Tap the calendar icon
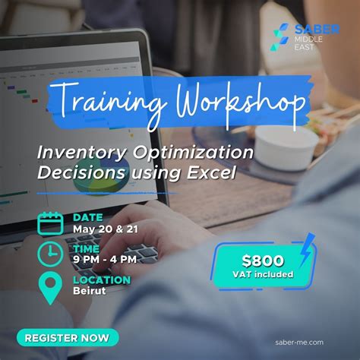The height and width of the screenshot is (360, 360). coord(51,221)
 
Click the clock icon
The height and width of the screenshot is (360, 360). coord(51,253)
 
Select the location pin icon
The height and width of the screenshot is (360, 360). coord(51,287)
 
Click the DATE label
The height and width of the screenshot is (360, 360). coord(88,216)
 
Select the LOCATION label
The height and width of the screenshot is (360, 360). coord(102,279)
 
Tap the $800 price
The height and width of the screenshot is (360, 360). coord(263,260)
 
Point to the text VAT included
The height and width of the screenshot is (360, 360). coord(264,274)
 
